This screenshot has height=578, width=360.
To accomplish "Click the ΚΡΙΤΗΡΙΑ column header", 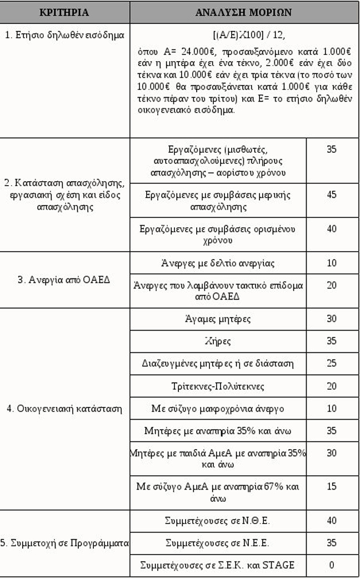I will (65, 12).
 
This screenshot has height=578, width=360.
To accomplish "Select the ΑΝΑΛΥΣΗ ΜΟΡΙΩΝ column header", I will (244, 12).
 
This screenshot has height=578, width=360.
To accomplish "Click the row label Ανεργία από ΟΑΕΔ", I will (64, 279).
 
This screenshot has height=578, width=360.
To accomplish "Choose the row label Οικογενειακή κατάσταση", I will (64, 408).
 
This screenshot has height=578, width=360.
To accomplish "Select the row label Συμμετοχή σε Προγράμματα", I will (64, 543).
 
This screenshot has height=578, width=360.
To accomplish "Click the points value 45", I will (332, 195).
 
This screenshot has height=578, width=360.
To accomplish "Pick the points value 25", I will (332, 363).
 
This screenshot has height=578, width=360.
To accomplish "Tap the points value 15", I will (332, 486).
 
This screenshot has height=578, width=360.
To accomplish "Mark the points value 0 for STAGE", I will (332, 565).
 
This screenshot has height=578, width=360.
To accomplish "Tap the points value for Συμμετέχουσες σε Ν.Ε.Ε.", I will (332, 542).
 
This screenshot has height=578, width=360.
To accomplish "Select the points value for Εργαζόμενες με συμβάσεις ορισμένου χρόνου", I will (332, 228).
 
